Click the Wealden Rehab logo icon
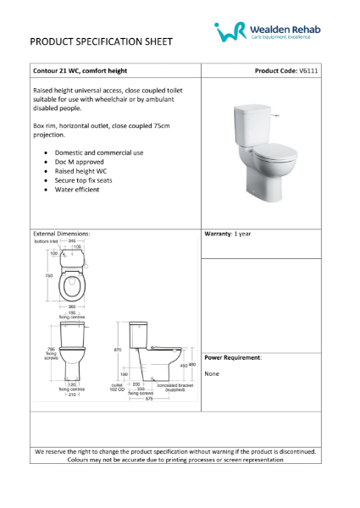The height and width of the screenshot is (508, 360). click(x=230, y=32)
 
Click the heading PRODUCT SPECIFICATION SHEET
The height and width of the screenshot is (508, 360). click(x=102, y=41)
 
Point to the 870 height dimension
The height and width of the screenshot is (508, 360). click(x=119, y=349)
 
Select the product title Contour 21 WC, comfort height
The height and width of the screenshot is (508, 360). click(x=86, y=70)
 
